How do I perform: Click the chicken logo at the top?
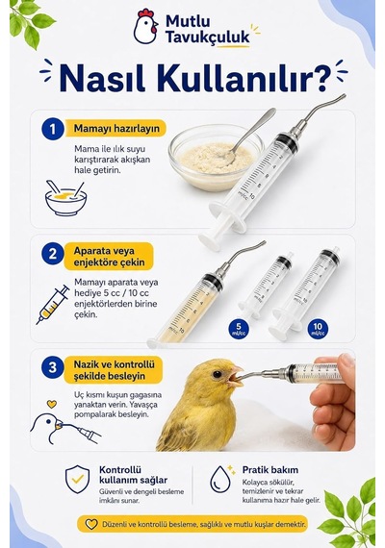(145, 27)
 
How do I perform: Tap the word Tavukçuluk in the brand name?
(208, 37)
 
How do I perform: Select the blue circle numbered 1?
(53, 129)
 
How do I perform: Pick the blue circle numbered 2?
(53, 254)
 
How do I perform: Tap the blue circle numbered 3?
(53, 367)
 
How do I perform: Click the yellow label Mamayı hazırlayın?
(115, 128)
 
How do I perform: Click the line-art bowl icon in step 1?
(65, 198)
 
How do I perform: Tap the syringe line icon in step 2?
(53, 305)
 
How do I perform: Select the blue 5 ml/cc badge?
(239, 329)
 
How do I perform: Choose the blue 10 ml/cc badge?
(318, 329)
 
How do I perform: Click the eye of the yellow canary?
(217, 375)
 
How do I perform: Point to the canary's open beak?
(235, 377)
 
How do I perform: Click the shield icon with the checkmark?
(77, 479)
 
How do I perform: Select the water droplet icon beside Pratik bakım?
(220, 478)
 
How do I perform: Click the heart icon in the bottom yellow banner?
(91, 524)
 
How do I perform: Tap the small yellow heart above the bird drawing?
(52, 404)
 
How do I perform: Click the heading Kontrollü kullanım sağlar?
(134, 475)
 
